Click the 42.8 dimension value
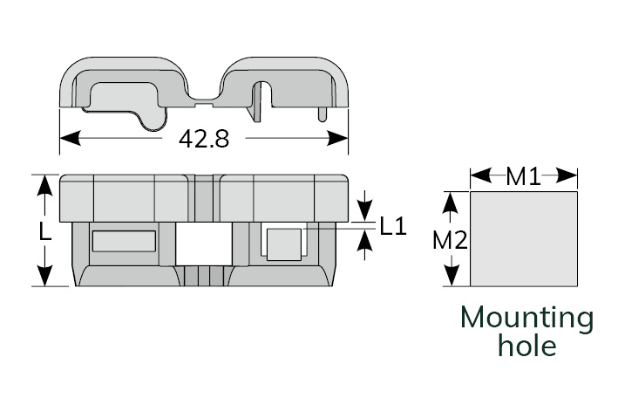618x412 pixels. [x=203, y=139]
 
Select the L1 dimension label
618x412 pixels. [x=393, y=226]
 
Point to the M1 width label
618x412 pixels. [x=523, y=177]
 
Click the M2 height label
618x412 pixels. [x=450, y=241]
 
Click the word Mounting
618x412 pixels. [x=526, y=318]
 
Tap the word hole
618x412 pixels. [x=526, y=346]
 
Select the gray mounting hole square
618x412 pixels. [x=524, y=239]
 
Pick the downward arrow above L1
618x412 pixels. [x=364, y=210]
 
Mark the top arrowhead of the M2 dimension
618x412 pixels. [x=450, y=200]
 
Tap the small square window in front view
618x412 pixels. [x=283, y=243]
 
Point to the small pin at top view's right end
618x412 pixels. [x=324, y=113]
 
